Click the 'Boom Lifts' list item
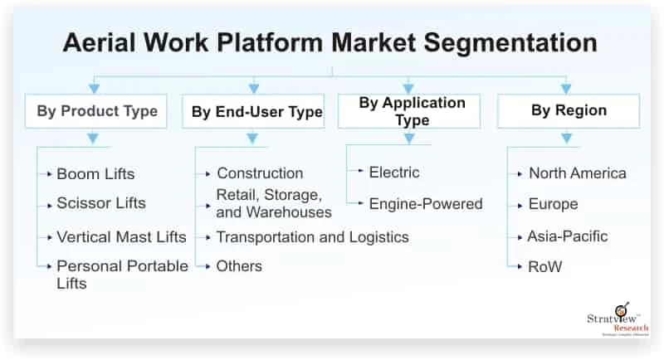click(95, 174)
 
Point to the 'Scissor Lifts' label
click(100, 203)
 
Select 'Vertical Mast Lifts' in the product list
click(121, 236)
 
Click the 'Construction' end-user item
click(260, 173)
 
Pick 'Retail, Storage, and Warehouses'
click(269, 203)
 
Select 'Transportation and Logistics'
click(312, 236)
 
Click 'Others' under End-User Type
click(239, 265)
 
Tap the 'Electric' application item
click(394, 173)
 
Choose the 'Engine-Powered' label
click(425, 203)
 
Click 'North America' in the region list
click(577, 173)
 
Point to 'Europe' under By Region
click(553, 203)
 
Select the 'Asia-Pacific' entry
click(567, 236)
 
